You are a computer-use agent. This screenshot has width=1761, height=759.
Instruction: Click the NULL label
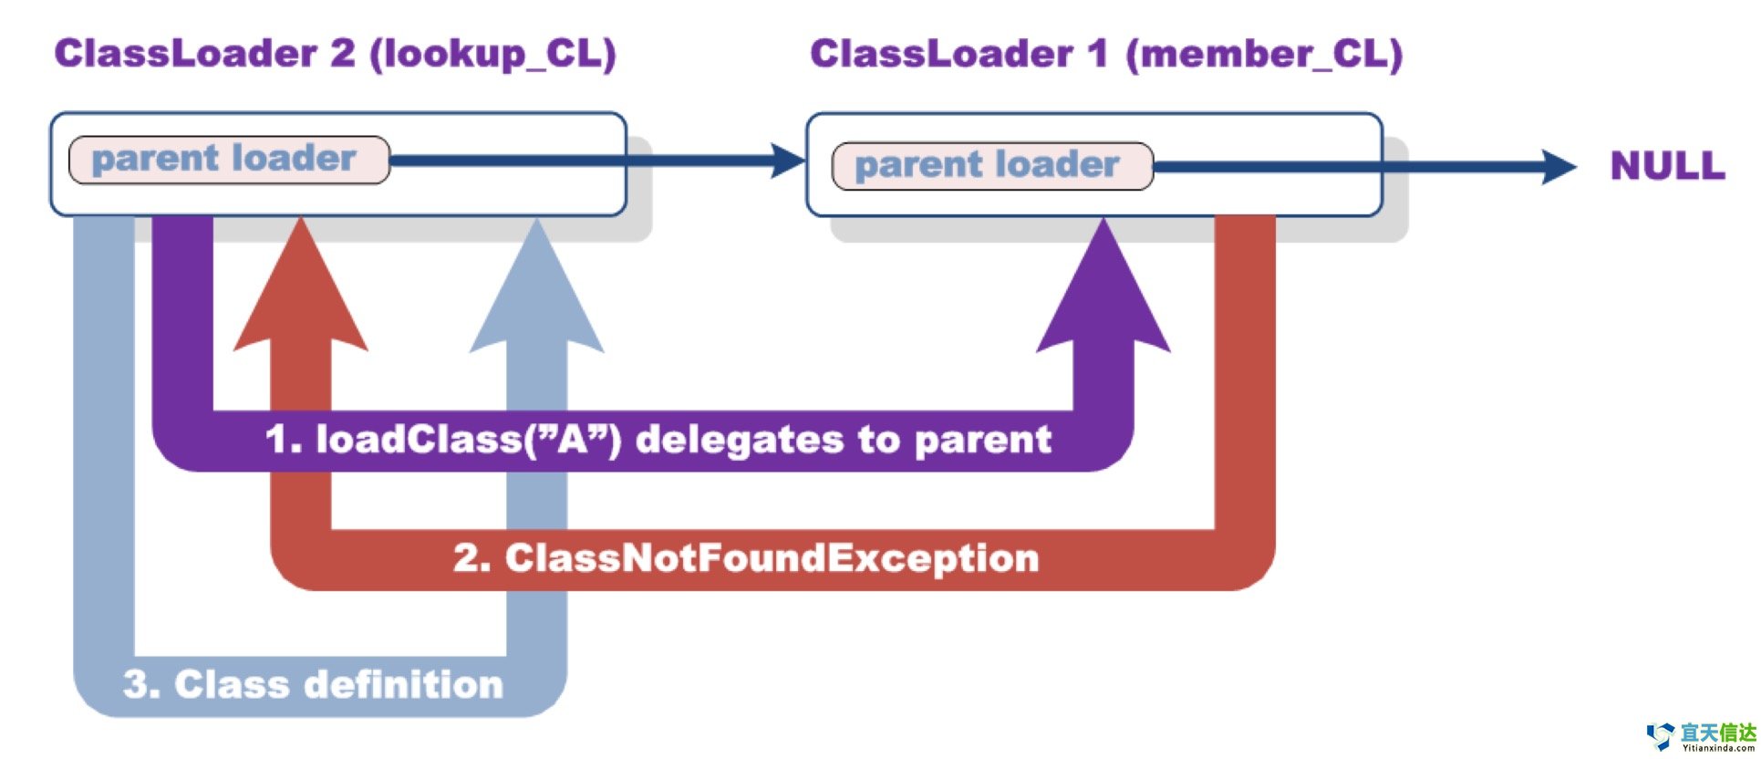[1667, 166]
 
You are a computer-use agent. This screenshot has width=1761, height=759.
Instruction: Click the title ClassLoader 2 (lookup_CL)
[335, 54]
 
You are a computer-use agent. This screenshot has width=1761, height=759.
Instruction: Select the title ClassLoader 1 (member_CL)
[1105, 54]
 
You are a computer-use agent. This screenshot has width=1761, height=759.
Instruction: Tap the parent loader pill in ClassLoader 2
[229, 160]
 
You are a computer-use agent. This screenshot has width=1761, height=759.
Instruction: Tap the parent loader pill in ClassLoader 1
[992, 166]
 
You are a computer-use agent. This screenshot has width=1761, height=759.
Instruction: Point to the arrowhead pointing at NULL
[1558, 166]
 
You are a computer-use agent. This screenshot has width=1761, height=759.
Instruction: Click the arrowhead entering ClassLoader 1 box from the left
[786, 161]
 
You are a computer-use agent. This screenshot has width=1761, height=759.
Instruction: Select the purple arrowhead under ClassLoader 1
[1103, 292]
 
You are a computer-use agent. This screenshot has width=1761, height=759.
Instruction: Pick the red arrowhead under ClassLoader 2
[301, 292]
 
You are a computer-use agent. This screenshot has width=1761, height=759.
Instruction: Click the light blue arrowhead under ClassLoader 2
[536, 292]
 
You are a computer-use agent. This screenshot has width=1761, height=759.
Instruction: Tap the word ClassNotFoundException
[772, 558]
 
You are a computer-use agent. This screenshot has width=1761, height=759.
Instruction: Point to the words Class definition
[338, 684]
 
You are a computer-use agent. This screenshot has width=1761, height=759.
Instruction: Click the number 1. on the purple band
[283, 440]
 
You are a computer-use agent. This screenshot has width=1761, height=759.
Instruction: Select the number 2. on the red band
[471, 558]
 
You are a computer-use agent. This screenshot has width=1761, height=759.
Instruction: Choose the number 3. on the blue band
[141, 684]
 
